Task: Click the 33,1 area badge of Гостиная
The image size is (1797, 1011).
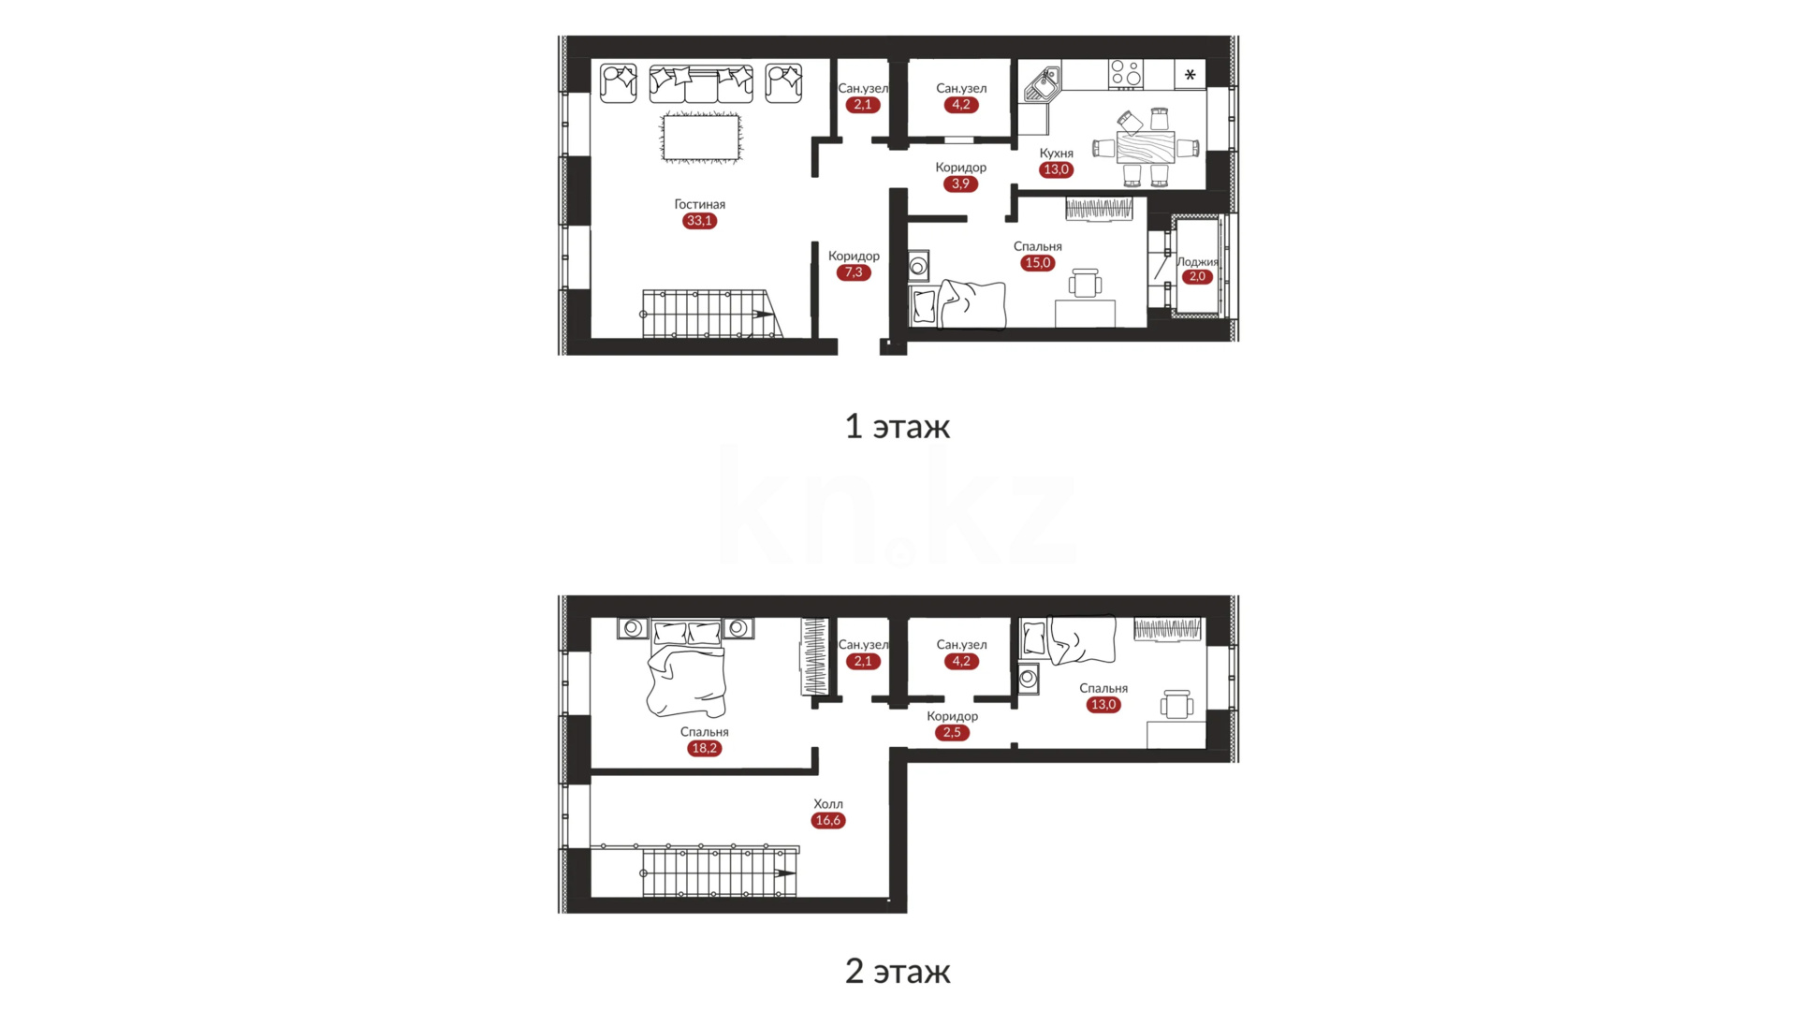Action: tap(699, 221)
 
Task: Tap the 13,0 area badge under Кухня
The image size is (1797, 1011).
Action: tap(1056, 169)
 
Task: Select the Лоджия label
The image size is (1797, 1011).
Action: tap(1197, 262)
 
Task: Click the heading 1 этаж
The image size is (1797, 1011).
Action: tap(898, 427)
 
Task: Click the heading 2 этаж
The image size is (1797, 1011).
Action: tap(898, 972)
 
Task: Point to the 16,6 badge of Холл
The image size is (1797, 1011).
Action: tap(828, 820)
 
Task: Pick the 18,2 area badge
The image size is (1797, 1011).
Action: tap(704, 748)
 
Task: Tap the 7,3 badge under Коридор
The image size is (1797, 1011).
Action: tap(854, 272)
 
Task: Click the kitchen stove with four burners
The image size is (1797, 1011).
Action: tap(1125, 73)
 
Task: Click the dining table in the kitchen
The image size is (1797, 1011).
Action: tap(1146, 147)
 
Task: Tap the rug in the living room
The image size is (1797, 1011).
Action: tap(700, 138)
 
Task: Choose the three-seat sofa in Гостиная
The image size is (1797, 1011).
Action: tap(701, 83)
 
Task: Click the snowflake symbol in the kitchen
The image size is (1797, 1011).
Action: tap(1190, 74)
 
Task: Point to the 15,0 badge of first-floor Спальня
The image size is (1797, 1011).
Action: tap(1038, 263)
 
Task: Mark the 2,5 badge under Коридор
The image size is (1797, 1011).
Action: tap(952, 732)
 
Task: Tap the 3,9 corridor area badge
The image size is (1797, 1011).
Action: tap(960, 183)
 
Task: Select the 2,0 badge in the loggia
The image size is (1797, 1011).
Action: tap(1197, 276)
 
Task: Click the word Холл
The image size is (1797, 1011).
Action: tap(828, 804)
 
